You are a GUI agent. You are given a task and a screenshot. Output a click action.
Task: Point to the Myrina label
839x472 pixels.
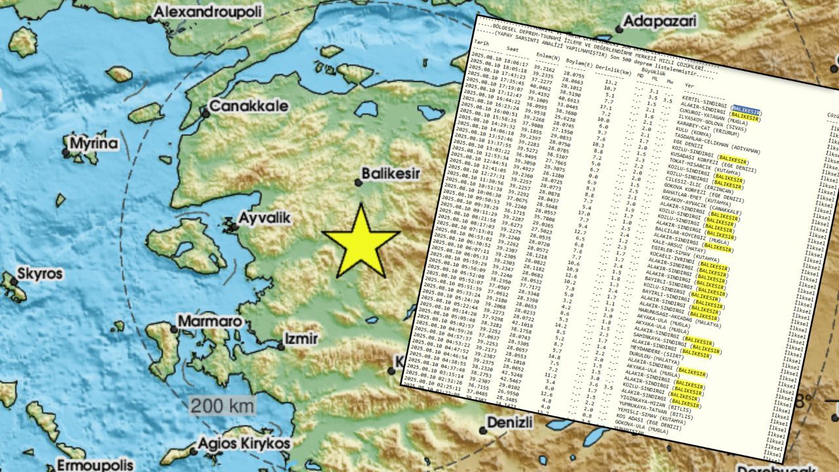pyautogui.click(x=94, y=144)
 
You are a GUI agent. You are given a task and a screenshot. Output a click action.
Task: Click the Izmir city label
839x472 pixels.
pyautogui.click(x=300, y=339)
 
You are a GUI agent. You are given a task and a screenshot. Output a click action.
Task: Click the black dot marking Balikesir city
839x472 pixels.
pyautogui.click(x=359, y=183)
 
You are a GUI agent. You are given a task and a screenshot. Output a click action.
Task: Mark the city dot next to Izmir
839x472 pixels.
pyautogui.click(x=281, y=345)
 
